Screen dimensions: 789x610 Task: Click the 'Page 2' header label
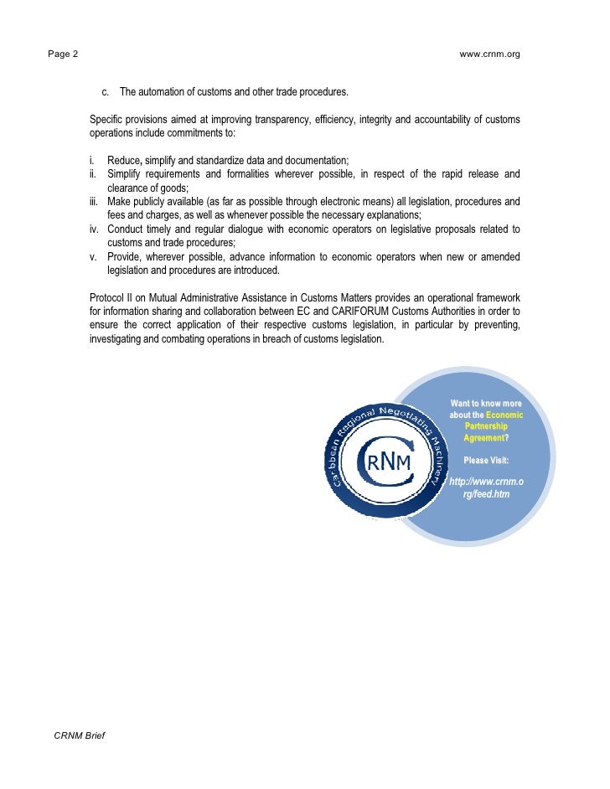pyautogui.click(x=63, y=54)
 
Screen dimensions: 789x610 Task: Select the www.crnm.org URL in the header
pyautogui.click(x=490, y=54)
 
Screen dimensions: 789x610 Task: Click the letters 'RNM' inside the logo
pyautogui.click(x=387, y=462)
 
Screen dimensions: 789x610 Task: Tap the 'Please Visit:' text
pyautogui.click(x=486, y=460)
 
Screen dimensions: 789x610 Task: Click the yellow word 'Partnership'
pyautogui.click(x=486, y=426)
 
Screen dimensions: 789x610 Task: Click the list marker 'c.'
pyautogui.click(x=106, y=91)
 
